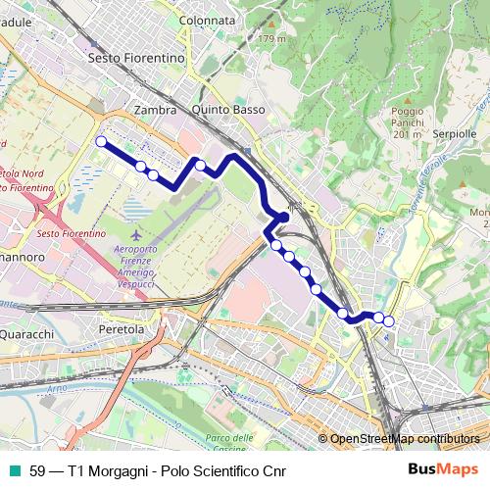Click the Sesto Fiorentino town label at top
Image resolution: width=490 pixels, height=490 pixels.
tap(136, 58)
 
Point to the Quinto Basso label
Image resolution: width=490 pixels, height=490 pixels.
tap(229, 110)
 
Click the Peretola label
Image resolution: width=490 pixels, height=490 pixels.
tap(122, 330)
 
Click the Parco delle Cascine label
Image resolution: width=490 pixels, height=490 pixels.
tap(229, 442)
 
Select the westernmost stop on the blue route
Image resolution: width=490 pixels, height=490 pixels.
tap(100, 142)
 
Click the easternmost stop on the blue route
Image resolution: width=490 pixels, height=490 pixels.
tap(388, 320)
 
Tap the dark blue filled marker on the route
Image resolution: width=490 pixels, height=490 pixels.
tap(283, 217)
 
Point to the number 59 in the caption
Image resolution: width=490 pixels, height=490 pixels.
tap(37, 470)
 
